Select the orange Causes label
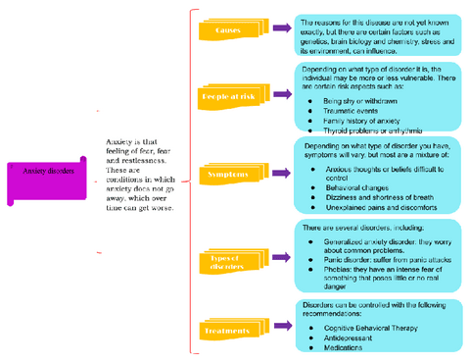pyautogui.click(x=228, y=31)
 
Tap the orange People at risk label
pyautogui.click(x=230, y=97)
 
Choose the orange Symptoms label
pyautogui.click(x=228, y=174)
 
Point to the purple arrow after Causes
pyautogui.click(x=281, y=31)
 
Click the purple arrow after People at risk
pyautogui.click(x=281, y=96)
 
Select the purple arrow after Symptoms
pyautogui.click(x=281, y=173)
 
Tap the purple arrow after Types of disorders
pyautogui.click(x=281, y=260)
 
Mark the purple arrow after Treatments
pyautogui.click(x=281, y=331)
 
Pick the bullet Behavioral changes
pyautogui.click(x=356, y=187)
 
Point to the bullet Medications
pyautogui.click(x=347, y=346)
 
